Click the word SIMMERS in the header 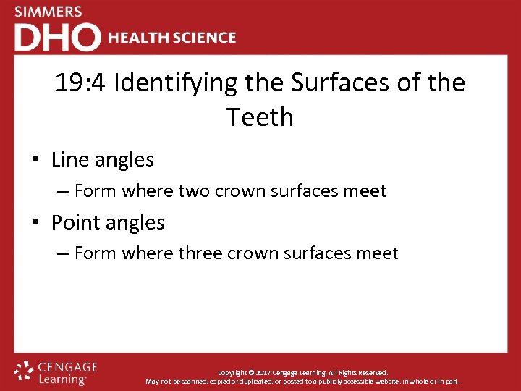click(48, 12)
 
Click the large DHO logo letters click(58, 38)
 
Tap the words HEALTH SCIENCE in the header click(171, 38)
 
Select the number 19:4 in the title click(80, 83)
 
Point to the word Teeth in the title click(260, 117)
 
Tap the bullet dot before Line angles click(36, 160)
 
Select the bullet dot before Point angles click(36, 223)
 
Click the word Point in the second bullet click(74, 222)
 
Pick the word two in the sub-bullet click(193, 191)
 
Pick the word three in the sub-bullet click(200, 253)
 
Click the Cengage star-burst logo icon click(24, 371)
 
